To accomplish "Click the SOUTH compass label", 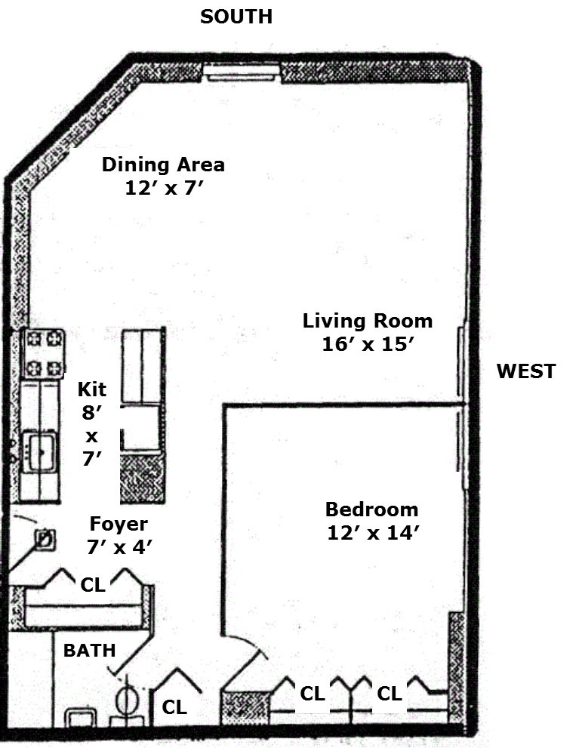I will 236,17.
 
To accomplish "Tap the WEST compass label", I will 525,371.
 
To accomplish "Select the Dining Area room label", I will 163,165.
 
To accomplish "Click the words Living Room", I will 368,321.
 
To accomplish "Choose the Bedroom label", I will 371,509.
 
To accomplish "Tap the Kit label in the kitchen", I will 92,389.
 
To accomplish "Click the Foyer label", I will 119,524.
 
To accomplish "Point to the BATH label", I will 89,649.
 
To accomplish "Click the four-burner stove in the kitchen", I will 44,353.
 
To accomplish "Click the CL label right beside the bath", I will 175,707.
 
